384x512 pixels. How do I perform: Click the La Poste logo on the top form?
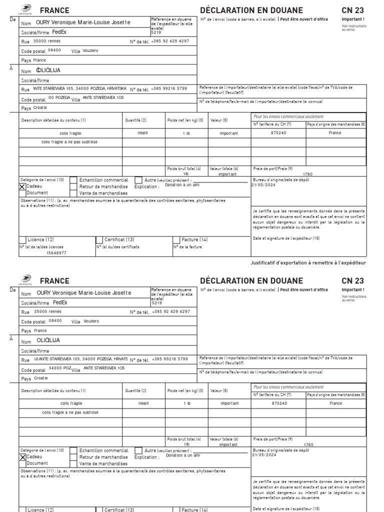24,8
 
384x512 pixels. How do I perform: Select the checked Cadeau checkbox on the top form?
22,186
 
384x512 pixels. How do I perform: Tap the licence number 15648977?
56,253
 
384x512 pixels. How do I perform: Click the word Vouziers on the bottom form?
91,321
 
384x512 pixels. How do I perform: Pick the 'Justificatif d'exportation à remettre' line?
308,262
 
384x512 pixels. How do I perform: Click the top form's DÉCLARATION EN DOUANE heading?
251,10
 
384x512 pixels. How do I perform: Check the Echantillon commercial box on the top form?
73,180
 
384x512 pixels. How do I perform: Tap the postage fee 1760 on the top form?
308,174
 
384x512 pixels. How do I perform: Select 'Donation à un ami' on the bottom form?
182,455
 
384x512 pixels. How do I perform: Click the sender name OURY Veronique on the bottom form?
84,292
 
